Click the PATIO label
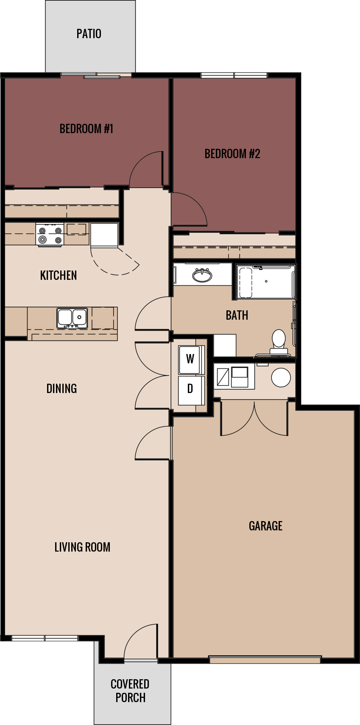click(89, 34)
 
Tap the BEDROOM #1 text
click(86, 129)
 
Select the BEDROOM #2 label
click(232, 154)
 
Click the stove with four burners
click(50, 235)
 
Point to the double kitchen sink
click(72, 318)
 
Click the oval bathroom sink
click(202, 275)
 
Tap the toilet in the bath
click(279, 342)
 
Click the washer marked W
click(190, 359)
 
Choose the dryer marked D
click(190, 389)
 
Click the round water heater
click(281, 377)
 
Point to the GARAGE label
click(265, 526)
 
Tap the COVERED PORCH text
click(130, 691)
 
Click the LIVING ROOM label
click(82, 547)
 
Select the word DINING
click(61, 389)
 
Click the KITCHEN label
click(59, 276)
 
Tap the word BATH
click(237, 315)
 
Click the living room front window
click(45, 638)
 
